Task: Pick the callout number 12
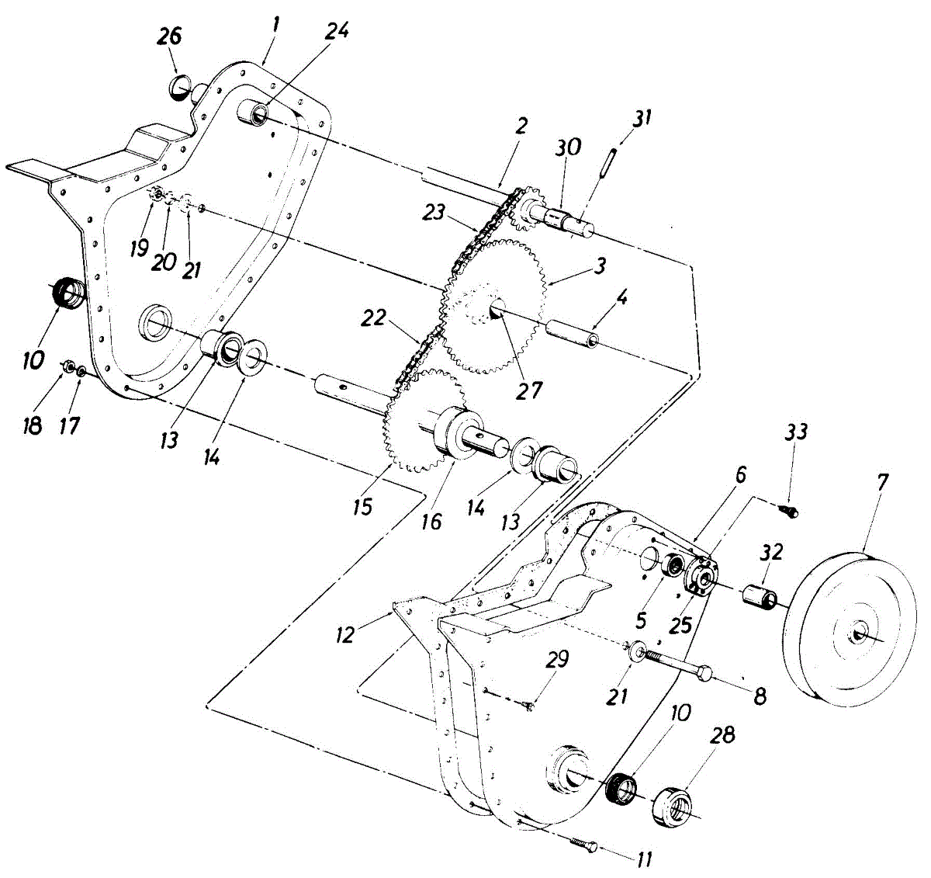[x=346, y=633]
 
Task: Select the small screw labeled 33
[x=791, y=509]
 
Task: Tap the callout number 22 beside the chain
[x=376, y=318]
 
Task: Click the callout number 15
[x=362, y=507]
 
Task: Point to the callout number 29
[x=557, y=660]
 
